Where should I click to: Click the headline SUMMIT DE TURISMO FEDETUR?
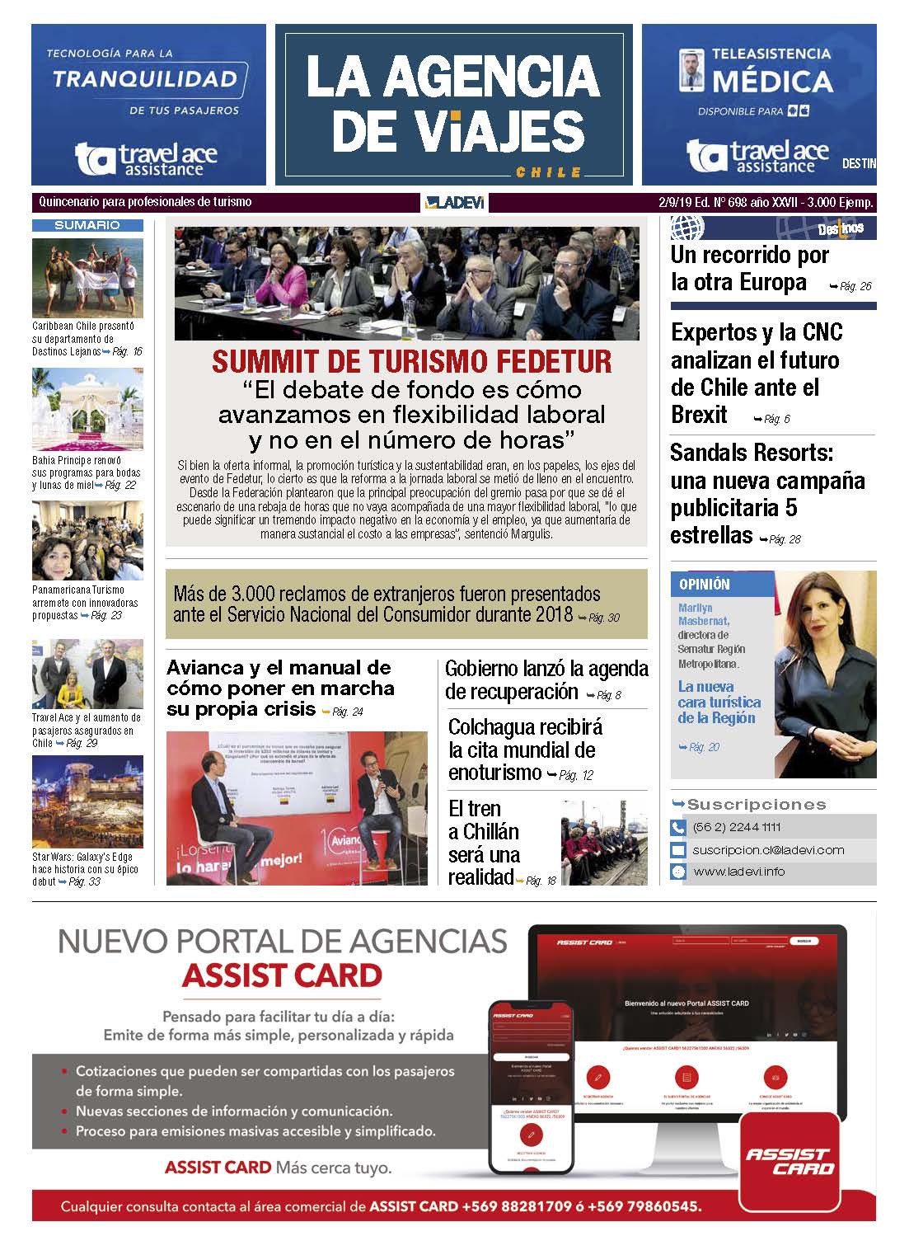[x=411, y=361]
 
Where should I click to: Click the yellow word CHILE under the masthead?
[x=548, y=172]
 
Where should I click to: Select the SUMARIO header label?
[x=87, y=225]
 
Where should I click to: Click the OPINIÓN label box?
[x=705, y=584]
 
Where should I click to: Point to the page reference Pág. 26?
[x=854, y=286]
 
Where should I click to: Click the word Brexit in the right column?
[x=700, y=415]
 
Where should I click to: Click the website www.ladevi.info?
[x=738, y=872]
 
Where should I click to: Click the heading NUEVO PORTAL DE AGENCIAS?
[x=282, y=940]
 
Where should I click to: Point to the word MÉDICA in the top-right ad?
[x=772, y=82]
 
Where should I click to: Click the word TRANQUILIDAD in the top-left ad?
[x=145, y=80]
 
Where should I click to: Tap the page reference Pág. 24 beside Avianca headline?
[x=347, y=712]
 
